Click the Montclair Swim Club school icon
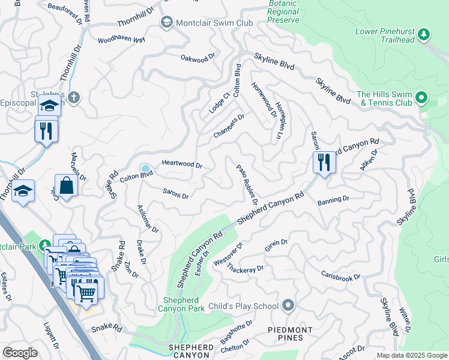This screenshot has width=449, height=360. pos(166,22)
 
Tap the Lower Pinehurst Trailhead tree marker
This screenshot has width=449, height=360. pos(424,34)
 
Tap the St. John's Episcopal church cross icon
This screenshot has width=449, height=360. pos(73,97)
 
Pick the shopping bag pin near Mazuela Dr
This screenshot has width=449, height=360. pos(66,187)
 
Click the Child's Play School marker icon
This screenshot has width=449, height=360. pos(288,306)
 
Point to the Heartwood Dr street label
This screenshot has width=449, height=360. pos(182,164)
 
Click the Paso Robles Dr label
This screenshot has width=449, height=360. pos(247,184)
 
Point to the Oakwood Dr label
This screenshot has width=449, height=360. pos(197,58)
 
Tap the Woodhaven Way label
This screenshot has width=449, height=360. pos(122,40)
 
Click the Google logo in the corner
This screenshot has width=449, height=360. pos(20,352)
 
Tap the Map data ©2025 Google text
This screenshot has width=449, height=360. pos(411,355)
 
